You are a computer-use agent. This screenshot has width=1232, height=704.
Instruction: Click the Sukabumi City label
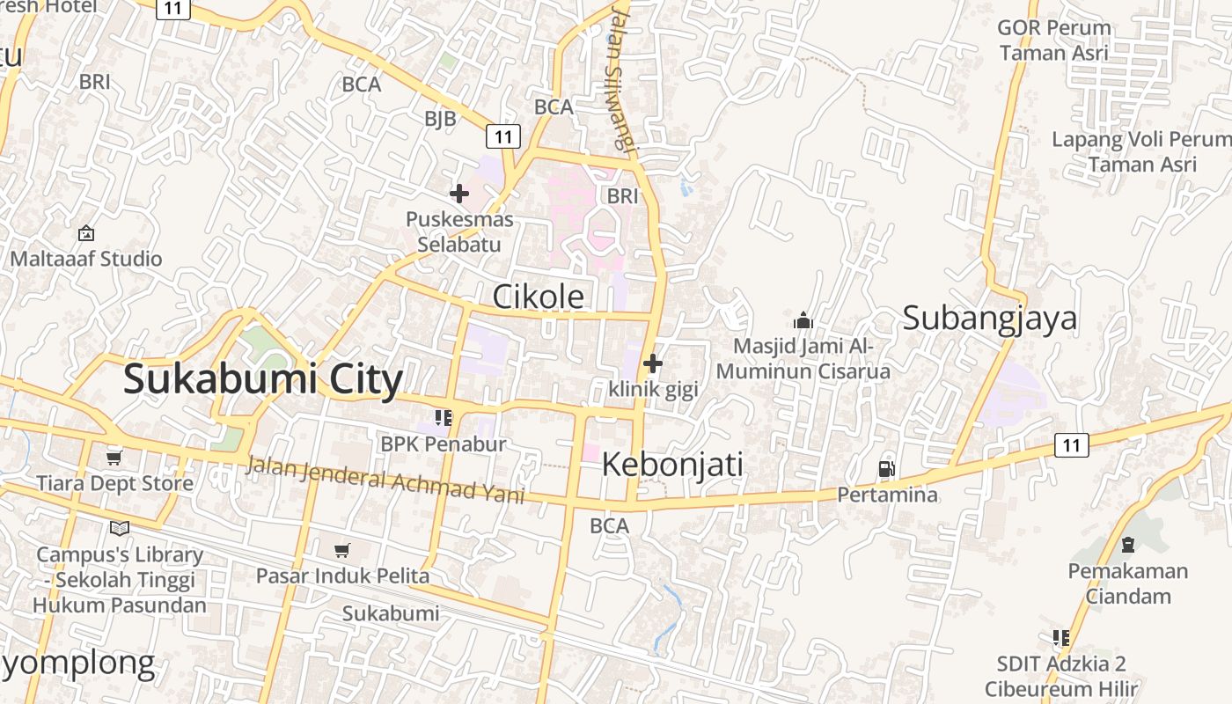coord(263,379)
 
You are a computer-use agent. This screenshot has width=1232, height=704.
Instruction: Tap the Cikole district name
coord(538,297)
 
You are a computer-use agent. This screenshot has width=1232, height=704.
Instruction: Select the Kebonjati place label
coord(672,464)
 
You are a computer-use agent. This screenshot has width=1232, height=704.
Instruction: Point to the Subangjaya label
coord(990,318)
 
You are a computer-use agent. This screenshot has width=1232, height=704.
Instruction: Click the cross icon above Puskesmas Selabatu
coord(459,194)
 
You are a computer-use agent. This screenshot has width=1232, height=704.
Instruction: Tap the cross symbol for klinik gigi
coord(653,363)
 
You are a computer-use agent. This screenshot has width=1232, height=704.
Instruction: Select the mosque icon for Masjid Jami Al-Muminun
coord(803,320)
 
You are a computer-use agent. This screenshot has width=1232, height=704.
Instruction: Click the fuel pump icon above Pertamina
coord(887,469)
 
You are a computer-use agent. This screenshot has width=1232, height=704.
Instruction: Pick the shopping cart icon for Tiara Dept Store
coord(114,458)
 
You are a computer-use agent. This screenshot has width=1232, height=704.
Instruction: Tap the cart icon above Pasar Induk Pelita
coord(342,551)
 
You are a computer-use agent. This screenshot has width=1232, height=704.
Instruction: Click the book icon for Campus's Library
coord(120,528)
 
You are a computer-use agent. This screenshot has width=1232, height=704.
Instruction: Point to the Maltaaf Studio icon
coord(86,233)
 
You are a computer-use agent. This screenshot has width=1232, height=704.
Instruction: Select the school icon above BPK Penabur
coord(443,417)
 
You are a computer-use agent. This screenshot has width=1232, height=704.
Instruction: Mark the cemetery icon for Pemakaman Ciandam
coord(1127,546)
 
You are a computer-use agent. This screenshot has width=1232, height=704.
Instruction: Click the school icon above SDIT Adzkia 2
coord(1060,637)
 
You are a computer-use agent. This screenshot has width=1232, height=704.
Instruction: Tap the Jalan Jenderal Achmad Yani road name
coord(385,480)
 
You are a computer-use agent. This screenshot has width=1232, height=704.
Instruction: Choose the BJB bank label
coord(440,118)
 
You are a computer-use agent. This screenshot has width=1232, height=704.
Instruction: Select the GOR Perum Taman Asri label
coord(1053,40)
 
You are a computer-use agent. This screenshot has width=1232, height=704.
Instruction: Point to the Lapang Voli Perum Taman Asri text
coord(1141,151)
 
